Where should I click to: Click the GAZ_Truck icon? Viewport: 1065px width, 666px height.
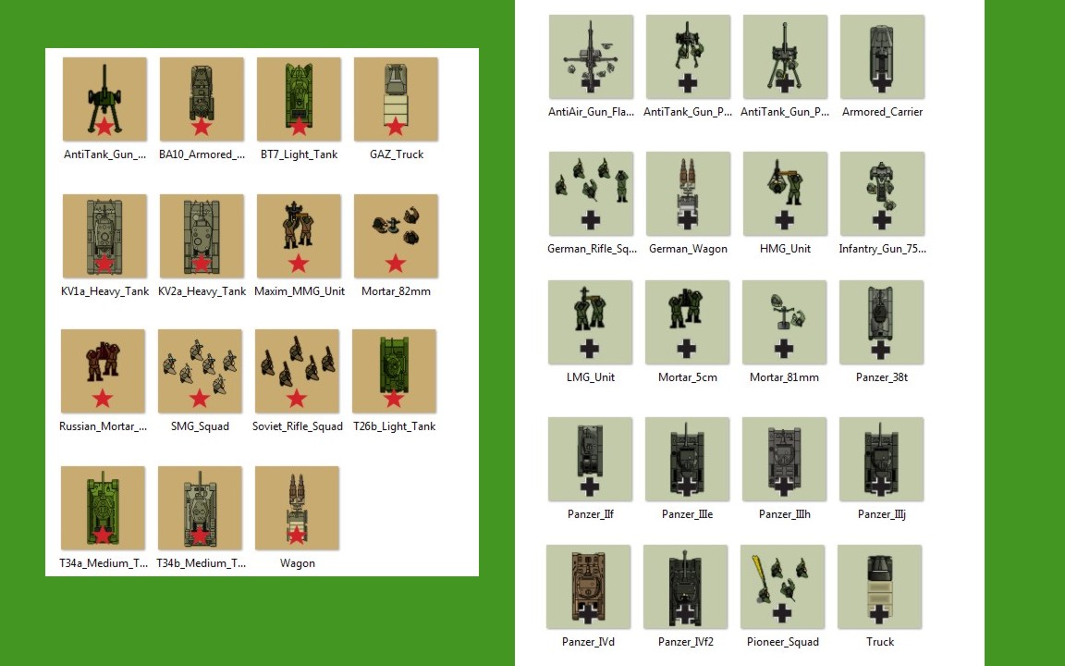coord(396,99)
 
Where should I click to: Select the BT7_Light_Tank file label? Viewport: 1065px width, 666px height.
coord(299,154)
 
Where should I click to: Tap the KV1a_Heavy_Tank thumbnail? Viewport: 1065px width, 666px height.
coord(104,236)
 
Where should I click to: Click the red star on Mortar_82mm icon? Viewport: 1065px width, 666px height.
coord(396,263)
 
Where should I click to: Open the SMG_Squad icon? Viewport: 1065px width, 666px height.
coord(200,371)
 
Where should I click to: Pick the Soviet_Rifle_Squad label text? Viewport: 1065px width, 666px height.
coord(298,426)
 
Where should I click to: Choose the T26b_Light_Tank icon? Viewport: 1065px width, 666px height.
coord(394,371)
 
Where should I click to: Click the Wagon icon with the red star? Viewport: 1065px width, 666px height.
coord(297,508)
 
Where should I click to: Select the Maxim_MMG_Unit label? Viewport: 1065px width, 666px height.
coord(300,290)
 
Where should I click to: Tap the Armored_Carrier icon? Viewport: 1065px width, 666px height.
coord(882,57)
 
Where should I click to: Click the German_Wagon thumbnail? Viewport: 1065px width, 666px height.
coord(688,193)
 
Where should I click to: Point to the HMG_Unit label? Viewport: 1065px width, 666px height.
coord(785,249)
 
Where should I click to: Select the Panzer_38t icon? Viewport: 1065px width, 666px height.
coord(882,322)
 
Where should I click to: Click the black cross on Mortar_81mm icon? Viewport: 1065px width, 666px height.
coord(784,349)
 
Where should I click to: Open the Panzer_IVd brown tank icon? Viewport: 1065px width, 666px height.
coord(588,586)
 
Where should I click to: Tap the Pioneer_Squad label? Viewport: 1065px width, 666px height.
coord(783,642)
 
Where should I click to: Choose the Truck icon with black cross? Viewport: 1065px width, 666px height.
coord(879,586)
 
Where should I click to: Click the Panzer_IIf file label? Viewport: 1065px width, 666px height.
coord(590,513)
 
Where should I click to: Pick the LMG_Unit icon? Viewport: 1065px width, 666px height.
coord(590,322)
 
